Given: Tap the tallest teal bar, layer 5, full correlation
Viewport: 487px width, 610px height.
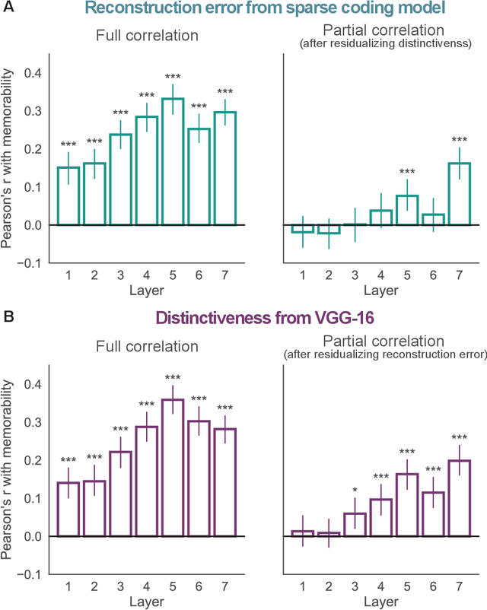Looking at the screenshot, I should coord(173,162).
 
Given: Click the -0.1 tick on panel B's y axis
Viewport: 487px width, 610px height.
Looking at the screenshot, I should coord(30,574).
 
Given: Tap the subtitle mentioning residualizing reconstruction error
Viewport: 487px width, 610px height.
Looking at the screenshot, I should coord(384,354).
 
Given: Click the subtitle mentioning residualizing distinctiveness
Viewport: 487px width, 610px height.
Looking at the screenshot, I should coord(384,44).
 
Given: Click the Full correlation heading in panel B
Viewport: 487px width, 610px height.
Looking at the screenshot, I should coord(147,347).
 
